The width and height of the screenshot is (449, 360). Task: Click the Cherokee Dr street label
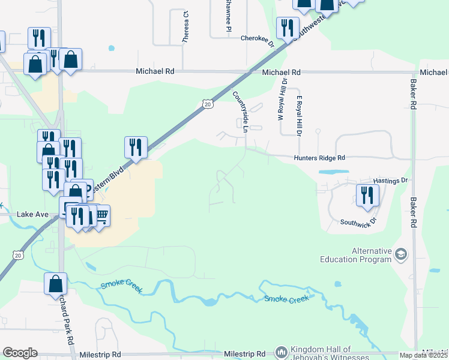click(257, 38)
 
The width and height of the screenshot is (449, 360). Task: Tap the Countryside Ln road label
click(241, 109)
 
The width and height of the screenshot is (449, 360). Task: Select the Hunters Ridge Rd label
click(320, 158)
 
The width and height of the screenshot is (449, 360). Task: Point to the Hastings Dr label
click(390, 180)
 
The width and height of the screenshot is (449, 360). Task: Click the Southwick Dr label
click(358, 221)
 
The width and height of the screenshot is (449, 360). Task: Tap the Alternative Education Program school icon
click(400, 255)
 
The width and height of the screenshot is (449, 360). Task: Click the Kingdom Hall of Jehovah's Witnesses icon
click(281, 352)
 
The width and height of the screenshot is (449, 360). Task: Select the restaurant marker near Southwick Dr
click(366, 195)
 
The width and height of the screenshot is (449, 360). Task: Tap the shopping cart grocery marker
click(101, 215)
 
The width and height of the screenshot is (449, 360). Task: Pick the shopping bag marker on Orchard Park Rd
click(55, 283)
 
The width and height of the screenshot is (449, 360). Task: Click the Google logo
click(20, 353)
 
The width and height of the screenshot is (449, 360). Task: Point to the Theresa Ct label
click(185, 27)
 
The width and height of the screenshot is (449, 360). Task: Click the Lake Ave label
click(32, 214)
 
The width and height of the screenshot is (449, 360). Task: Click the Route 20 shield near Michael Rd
click(207, 104)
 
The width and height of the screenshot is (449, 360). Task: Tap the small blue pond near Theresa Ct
click(111, 48)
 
